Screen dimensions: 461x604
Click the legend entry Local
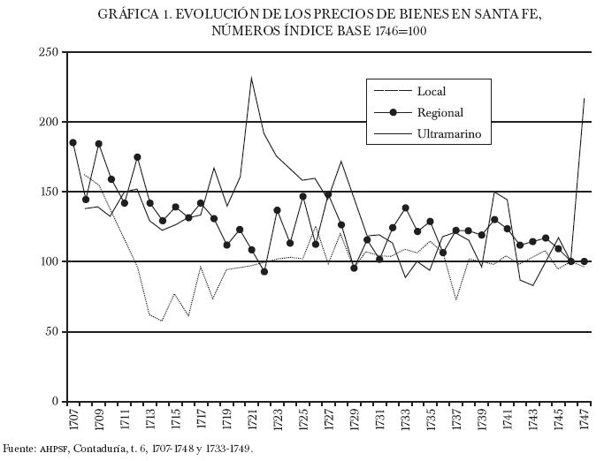[x=431, y=91]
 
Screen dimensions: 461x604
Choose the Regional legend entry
[x=440, y=112]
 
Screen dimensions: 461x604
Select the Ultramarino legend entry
[x=447, y=134]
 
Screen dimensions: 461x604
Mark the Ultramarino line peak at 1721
[x=251, y=78]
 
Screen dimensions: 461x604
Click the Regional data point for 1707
[x=73, y=142]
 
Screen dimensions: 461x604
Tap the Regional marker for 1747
[x=584, y=261]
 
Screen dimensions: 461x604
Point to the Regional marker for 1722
[x=264, y=271]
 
